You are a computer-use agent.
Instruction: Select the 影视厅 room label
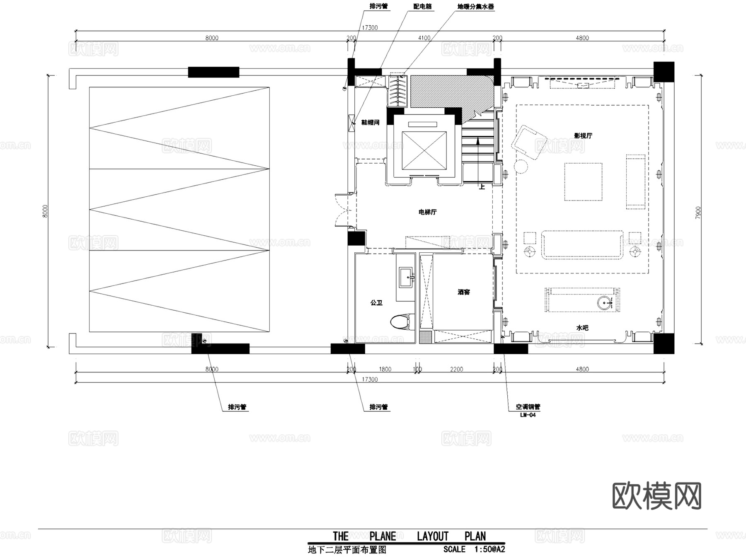583,136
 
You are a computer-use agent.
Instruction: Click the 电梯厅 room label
427,212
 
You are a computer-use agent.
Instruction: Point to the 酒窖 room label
464,292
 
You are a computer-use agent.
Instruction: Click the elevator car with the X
424,151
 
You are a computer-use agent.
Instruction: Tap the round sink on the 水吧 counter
606,302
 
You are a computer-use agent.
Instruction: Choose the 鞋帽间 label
370,123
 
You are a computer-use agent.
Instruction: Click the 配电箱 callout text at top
422,7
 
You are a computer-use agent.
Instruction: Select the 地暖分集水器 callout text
475,7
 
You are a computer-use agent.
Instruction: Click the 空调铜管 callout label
528,407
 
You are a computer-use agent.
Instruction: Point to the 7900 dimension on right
698,212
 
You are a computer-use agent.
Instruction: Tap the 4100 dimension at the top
424,38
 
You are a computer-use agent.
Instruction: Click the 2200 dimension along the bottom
456,370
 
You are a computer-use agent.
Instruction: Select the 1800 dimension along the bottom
385,370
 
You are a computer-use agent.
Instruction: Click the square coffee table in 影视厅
583,182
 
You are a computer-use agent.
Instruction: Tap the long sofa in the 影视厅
582,245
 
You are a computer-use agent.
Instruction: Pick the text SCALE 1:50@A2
474,550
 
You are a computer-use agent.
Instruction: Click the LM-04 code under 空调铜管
528,415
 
